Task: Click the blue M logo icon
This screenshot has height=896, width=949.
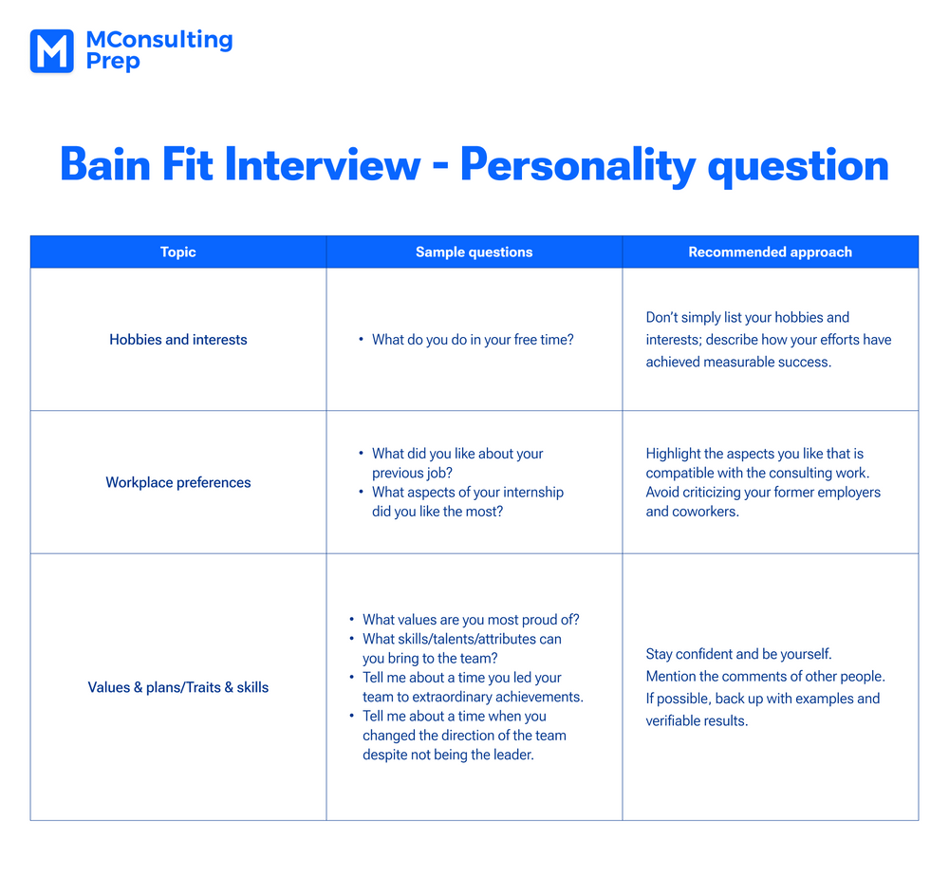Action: tap(52, 51)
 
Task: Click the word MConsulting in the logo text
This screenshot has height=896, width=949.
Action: tap(159, 40)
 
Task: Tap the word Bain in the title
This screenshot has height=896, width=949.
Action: tap(105, 164)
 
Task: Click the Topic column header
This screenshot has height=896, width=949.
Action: tap(178, 252)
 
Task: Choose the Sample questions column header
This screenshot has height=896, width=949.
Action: tap(474, 252)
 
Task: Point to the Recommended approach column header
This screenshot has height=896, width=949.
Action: tap(770, 252)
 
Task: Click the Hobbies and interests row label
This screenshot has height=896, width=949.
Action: tap(178, 340)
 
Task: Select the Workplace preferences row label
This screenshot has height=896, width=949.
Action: tap(178, 482)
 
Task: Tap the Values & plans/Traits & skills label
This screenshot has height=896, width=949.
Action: tap(178, 687)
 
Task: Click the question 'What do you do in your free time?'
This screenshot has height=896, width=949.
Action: tap(473, 340)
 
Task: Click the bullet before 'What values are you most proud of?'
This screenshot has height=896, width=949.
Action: tap(352, 620)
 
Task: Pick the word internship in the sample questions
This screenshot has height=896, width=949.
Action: tap(533, 493)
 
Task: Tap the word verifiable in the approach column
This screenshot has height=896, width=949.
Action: tap(674, 721)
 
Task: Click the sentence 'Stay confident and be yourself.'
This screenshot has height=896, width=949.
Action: tap(739, 655)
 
